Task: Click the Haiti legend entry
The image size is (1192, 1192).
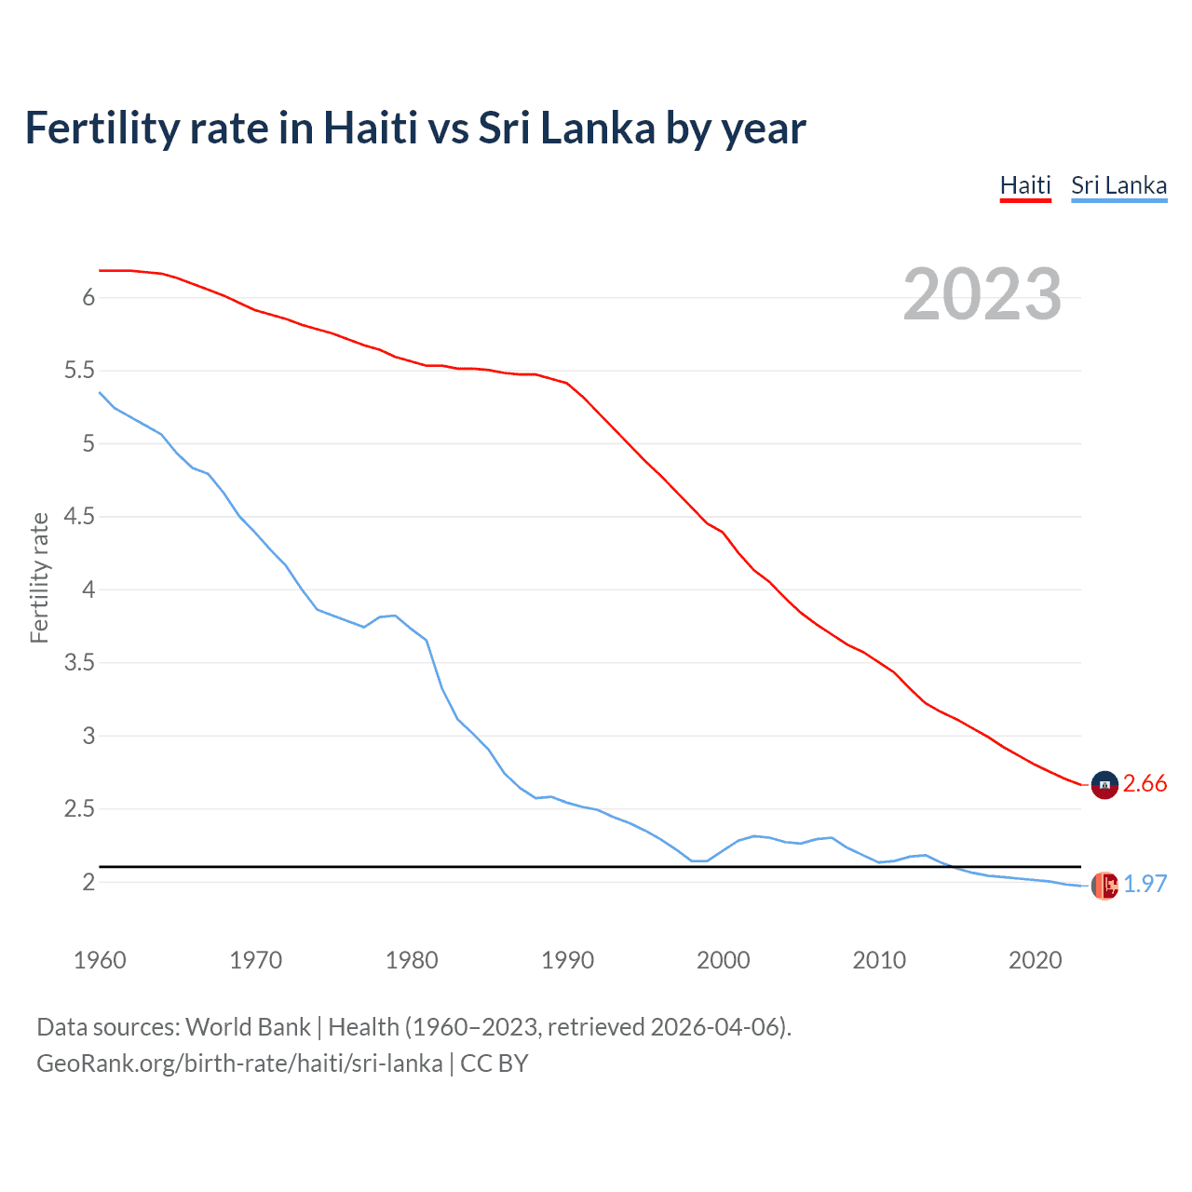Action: pos(1025,185)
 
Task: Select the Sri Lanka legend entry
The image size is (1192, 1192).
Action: pos(1118,185)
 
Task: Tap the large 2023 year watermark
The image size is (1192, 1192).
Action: pos(982,294)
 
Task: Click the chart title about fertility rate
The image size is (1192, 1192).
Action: pos(415,128)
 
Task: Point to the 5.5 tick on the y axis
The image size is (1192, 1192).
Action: pos(79,371)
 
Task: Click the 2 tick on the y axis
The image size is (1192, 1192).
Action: pos(88,882)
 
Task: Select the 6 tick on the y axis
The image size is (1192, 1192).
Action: pos(88,298)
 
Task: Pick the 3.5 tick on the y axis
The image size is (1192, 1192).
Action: pos(79,663)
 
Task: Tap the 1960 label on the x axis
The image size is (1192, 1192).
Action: pos(100,960)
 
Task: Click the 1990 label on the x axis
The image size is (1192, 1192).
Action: pos(567,960)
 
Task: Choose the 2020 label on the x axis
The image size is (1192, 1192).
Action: pos(1035,960)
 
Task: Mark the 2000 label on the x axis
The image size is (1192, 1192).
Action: pos(723,960)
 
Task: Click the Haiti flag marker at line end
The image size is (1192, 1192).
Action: pos(1104,785)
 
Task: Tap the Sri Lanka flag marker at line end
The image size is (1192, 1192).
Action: pos(1104,886)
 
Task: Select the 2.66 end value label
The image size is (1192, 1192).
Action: pos(1145,784)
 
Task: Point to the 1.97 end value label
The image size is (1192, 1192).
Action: pos(1145,884)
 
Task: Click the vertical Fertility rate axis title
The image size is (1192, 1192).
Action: pos(39,577)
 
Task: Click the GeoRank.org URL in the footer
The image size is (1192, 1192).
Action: pos(239,1063)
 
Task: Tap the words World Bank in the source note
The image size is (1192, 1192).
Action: pos(248,1027)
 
